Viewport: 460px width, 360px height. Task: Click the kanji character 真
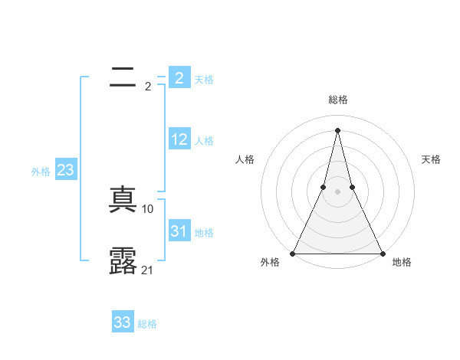123,200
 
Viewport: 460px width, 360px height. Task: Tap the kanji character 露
123,260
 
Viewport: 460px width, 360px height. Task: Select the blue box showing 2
179,77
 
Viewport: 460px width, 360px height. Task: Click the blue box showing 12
179,139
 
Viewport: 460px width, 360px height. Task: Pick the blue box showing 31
179,231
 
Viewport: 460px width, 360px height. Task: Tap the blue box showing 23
65,170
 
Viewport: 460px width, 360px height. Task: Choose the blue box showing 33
123,322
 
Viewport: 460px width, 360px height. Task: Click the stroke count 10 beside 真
148,208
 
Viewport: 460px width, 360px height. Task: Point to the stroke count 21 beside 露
148,270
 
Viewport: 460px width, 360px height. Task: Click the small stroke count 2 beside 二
148,87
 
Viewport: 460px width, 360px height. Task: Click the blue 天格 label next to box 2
204,80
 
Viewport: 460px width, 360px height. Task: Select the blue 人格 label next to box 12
204,141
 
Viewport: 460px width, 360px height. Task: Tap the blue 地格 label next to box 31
204,233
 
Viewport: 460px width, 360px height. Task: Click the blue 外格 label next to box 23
41,172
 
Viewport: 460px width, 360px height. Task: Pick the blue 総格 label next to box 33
147,324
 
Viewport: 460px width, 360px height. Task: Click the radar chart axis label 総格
337,100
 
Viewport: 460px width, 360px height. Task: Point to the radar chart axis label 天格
432,159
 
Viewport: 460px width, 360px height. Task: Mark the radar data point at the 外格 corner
293,254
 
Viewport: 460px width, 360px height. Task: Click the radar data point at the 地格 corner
382,254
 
